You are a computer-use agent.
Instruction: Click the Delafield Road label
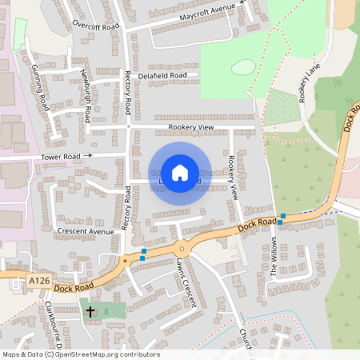pos(162,75)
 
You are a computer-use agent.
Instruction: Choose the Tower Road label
pos(62,156)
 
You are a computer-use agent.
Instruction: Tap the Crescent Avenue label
pos(86,230)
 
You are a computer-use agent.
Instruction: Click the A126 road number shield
pos(38,281)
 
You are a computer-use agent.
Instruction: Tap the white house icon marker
pos(180,173)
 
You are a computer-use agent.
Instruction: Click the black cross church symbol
pos(90,310)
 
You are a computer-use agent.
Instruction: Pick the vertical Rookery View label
pos(233,177)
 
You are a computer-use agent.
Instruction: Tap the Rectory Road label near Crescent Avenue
pos(126,209)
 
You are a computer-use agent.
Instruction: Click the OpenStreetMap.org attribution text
pos(103,354)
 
